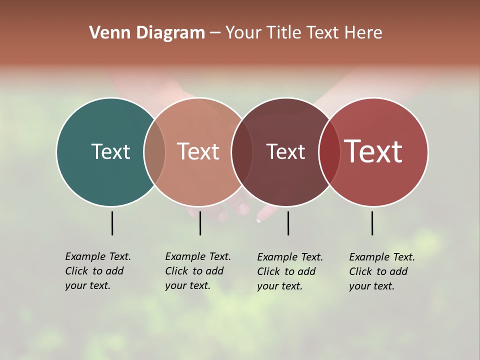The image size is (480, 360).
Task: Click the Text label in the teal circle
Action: (x=110, y=151)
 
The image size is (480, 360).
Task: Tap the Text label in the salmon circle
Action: (x=198, y=151)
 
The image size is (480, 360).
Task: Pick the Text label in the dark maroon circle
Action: (x=285, y=151)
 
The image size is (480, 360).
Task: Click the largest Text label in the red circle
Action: (x=373, y=151)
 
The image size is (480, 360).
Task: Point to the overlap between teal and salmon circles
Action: (x=154, y=151)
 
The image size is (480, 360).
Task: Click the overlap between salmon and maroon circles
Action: (x=242, y=151)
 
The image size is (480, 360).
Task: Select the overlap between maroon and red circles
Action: (x=329, y=151)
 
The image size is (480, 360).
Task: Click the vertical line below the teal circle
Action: (x=112, y=223)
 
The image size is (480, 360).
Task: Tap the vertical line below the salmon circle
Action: (x=200, y=223)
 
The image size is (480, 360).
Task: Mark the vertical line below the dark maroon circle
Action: (x=288, y=223)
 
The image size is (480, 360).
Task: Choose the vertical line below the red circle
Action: (x=372, y=223)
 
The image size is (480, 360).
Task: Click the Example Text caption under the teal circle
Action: (x=98, y=271)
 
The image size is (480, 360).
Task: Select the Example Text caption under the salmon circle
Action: (x=198, y=271)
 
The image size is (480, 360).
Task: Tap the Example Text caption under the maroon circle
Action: (x=290, y=271)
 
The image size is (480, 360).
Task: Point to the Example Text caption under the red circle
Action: (x=382, y=271)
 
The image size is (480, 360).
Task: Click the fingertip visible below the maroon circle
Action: (x=260, y=217)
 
